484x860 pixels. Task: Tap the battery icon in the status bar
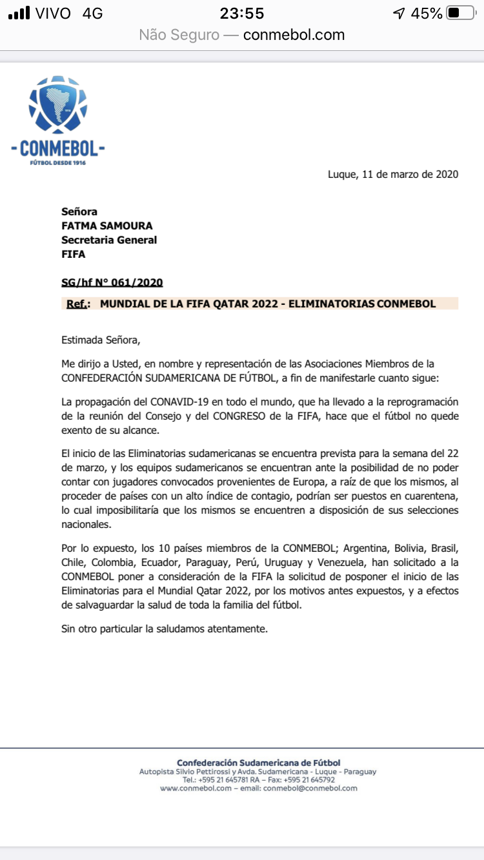point(460,14)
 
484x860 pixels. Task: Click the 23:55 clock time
point(242,14)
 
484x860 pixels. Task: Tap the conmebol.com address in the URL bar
point(294,35)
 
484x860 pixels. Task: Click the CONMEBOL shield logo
point(58,106)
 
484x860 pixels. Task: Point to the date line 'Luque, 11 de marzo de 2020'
point(393,174)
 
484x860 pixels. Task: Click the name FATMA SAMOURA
point(107,226)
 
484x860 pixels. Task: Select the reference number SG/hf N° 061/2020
point(112,282)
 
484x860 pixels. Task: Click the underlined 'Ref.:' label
point(78,304)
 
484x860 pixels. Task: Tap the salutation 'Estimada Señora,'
point(100,339)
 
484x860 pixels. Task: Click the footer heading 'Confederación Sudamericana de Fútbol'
point(258,763)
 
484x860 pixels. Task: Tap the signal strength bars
point(20,14)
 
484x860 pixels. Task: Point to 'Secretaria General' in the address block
point(109,240)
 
